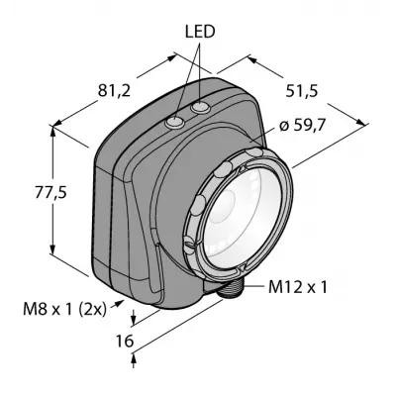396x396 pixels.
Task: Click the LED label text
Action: click(x=200, y=32)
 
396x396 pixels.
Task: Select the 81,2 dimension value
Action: click(x=115, y=91)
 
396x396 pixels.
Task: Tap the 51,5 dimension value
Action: click(x=302, y=91)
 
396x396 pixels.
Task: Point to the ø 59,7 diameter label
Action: click(x=303, y=126)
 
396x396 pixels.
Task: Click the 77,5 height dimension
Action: click(x=51, y=193)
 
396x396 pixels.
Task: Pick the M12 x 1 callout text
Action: click(x=298, y=287)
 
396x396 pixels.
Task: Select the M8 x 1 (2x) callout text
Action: click(x=65, y=310)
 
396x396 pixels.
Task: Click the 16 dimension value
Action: click(x=125, y=342)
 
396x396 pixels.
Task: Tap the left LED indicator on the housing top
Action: click(x=175, y=123)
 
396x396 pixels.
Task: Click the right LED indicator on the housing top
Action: click(x=201, y=107)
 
